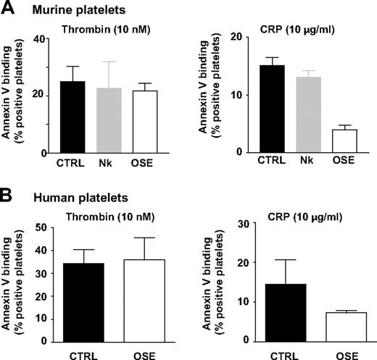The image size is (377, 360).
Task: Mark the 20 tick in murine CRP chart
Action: coord(243,37)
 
